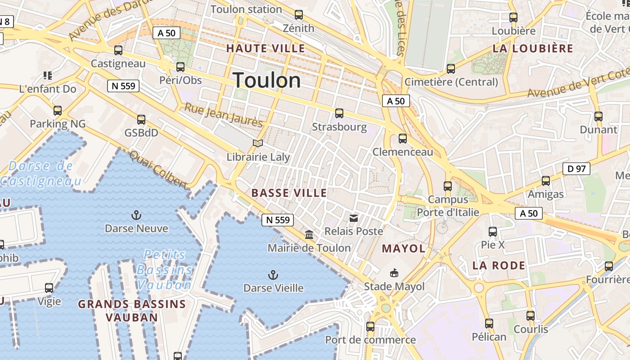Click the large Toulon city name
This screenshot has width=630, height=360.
click(x=267, y=81)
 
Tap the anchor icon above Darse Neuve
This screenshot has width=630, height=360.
click(x=136, y=215)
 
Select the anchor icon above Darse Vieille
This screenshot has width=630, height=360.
click(x=273, y=274)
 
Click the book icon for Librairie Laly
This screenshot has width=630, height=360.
click(x=258, y=143)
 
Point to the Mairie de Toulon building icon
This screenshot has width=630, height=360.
click(x=309, y=234)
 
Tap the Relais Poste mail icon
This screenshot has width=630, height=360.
click(x=354, y=218)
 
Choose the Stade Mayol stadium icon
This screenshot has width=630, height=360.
click(x=394, y=273)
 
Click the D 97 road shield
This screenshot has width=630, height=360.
click(x=576, y=169)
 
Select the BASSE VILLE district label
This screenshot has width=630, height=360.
click(x=289, y=193)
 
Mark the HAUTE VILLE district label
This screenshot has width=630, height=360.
click(x=265, y=49)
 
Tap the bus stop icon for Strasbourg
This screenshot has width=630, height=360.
click(x=339, y=113)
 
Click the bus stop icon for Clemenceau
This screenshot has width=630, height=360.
click(x=403, y=139)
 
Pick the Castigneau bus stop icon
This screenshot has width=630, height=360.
click(x=118, y=50)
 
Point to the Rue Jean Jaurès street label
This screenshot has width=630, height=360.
click(x=224, y=115)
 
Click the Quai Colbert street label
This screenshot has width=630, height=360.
click(x=158, y=170)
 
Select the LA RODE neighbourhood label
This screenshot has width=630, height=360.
click(x=499, y=265)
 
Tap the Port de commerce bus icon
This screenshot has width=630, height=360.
click(x=370, y=326)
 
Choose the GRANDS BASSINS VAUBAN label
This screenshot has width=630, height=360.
click(x=132, y=310)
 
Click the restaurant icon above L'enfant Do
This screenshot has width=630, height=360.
click(x=48, y=75)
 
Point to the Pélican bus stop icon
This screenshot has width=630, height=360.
click(x=489, y=323)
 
